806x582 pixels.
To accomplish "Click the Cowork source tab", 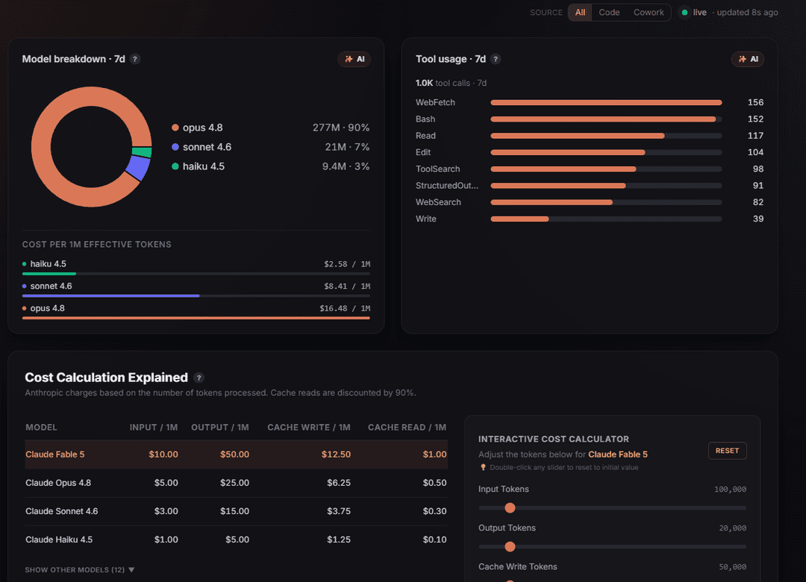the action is [649, 13].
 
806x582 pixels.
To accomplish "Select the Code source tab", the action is [609, 13].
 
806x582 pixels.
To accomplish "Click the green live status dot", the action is [684, 13].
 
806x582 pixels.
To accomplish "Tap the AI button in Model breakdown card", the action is [354, 59].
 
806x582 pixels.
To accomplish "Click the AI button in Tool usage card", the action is [748, 59].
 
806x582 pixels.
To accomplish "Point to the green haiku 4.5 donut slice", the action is [142, 152].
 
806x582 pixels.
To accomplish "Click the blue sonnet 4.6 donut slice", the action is [138, 168].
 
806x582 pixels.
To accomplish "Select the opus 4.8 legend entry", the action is [197, 128].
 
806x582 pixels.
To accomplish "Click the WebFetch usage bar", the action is [606, 103].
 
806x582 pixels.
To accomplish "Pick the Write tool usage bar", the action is [519, 219].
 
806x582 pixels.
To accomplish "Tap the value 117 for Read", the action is [755, 136].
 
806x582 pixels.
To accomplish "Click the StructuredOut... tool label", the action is [447, 186].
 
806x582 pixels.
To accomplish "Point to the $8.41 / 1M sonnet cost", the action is [347, 287].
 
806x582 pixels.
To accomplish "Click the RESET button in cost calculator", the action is [728, 451].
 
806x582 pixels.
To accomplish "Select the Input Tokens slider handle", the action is [510, 508].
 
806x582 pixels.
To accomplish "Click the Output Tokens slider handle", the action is [510, 546].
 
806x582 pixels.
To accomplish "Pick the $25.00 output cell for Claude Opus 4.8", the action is [234, 483].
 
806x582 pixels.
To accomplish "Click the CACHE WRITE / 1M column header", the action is [309, 428].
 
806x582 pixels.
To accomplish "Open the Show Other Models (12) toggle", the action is [80, 569].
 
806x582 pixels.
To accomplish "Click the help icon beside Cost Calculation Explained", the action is [199, 378].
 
